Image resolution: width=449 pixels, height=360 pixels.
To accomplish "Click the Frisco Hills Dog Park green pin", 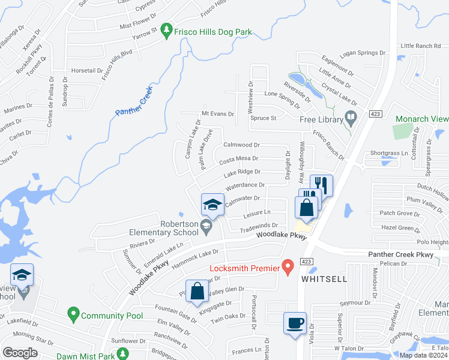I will tap(167, 32).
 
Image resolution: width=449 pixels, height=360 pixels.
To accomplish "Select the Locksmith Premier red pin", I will tap(288, 265).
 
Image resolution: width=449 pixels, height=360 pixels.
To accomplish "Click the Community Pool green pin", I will tap(73, 313).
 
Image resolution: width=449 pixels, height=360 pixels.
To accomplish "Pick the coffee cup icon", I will tap(295, 323).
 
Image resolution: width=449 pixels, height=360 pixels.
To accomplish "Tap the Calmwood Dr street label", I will tap(241, 145).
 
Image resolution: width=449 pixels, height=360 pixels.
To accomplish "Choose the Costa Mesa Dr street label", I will tap(238, 159).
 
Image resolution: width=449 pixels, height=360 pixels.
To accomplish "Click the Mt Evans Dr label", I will tap(217, 113).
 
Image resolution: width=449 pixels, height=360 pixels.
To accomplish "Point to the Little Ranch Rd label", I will tap(420, 46).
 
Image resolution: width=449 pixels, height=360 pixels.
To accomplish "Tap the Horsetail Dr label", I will tap(87, 70).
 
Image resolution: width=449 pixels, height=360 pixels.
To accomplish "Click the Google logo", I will tap(20, 353).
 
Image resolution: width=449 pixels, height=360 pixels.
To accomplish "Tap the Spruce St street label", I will tap(264, 118).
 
